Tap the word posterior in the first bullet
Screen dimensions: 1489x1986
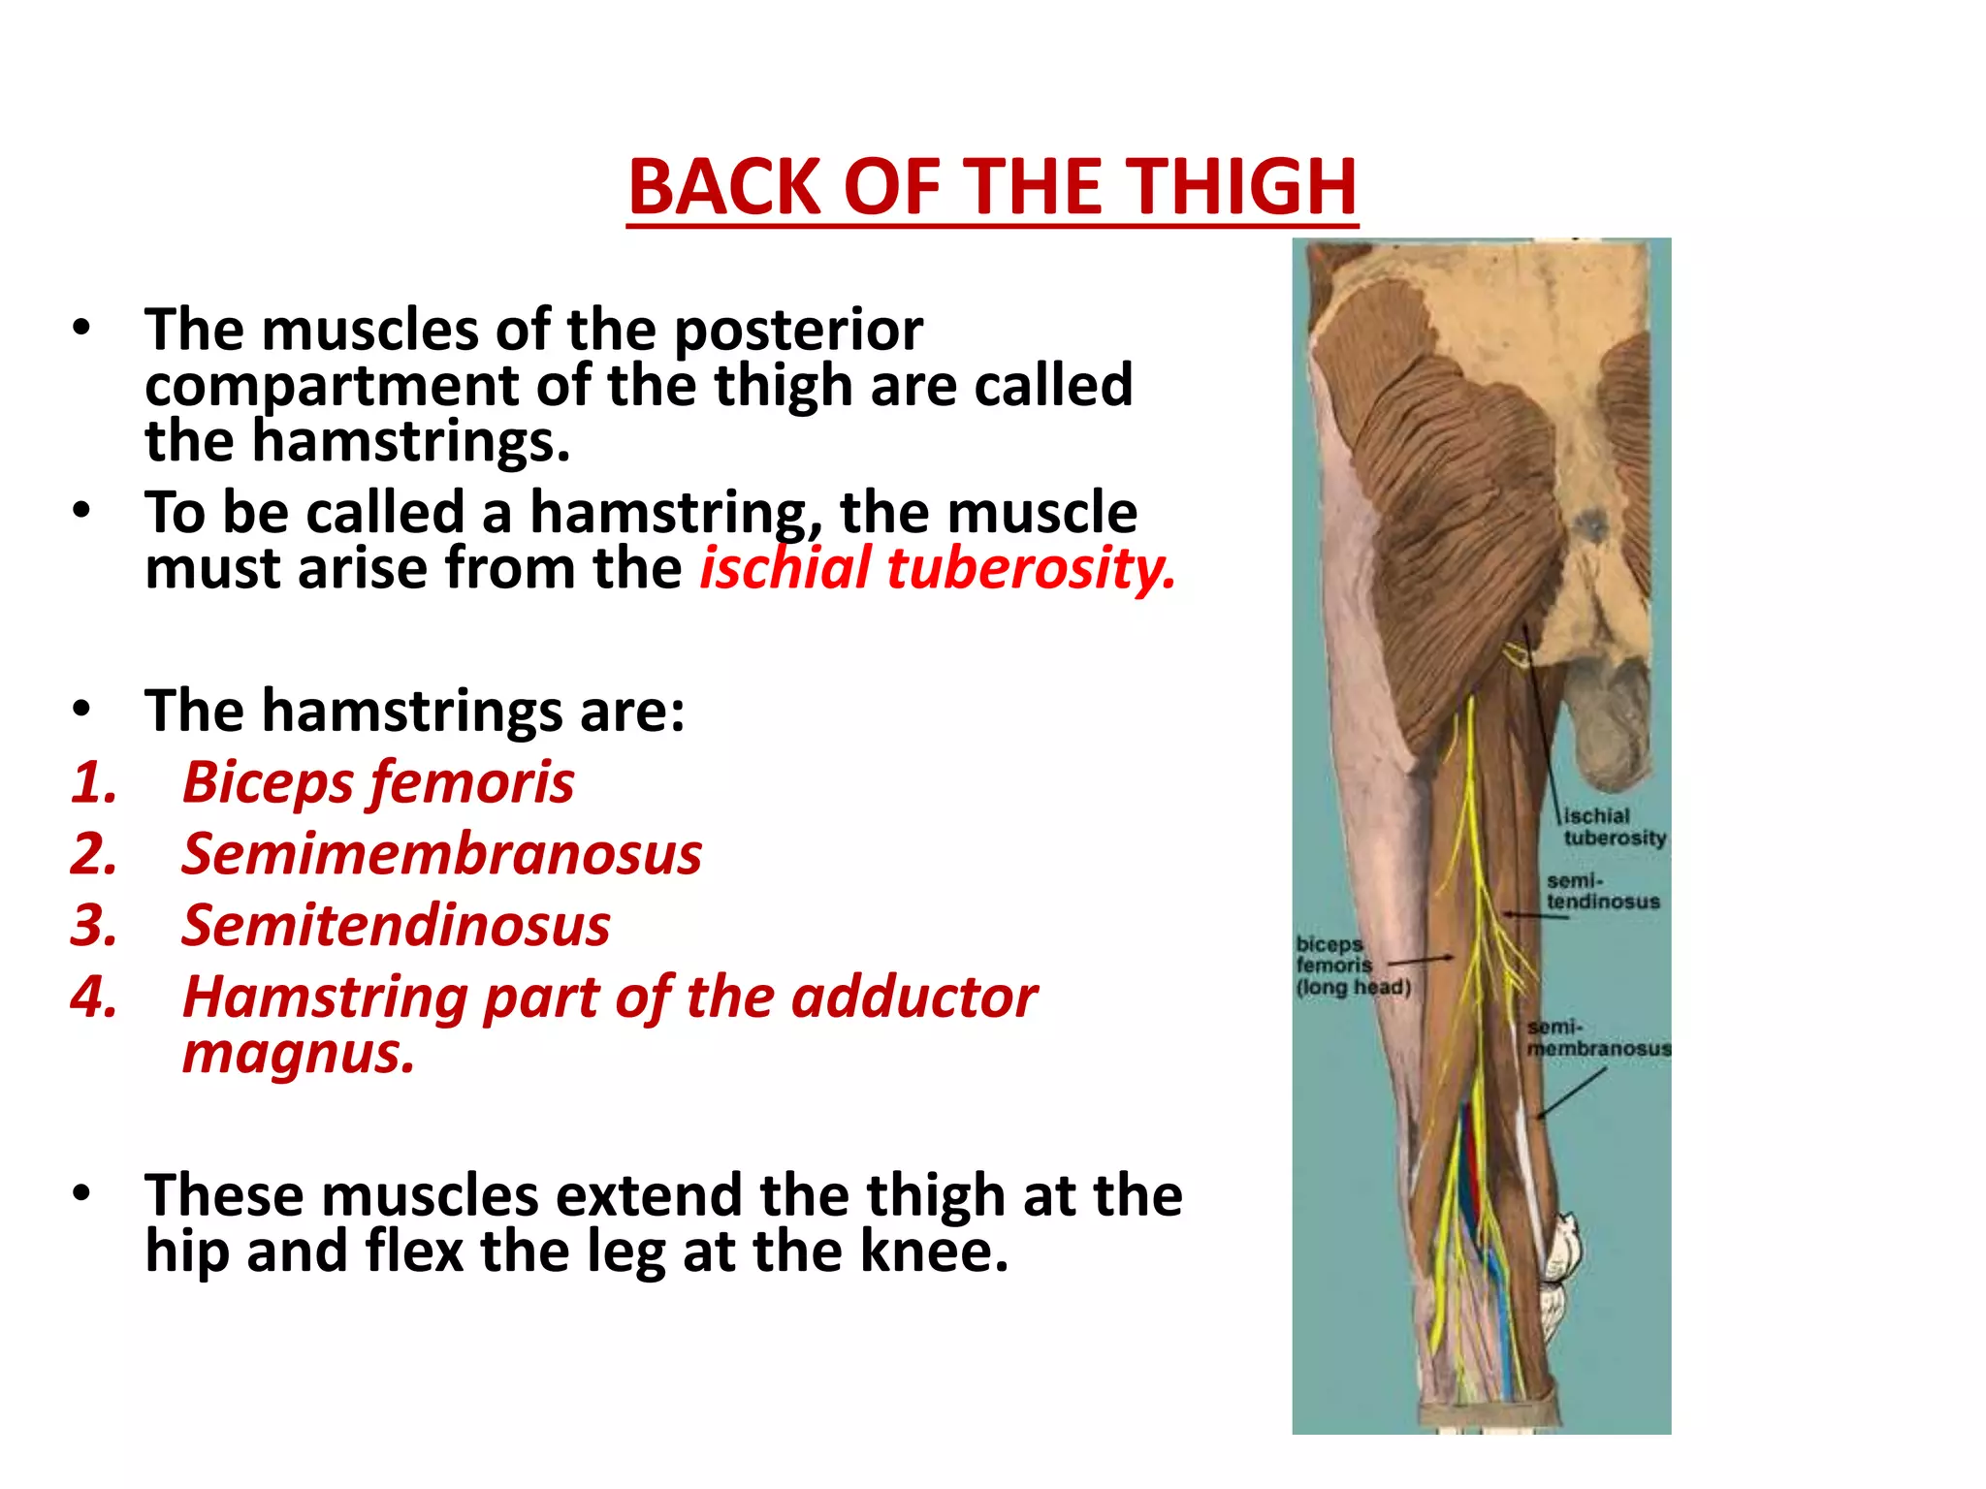click(x=798, y=331)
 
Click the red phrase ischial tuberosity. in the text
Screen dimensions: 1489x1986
click(x=937, y=568)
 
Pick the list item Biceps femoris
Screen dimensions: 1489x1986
click(x=378, y=783)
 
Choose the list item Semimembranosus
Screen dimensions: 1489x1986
click(x=441, y=855)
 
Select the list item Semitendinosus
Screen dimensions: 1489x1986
click(x=396, y=926)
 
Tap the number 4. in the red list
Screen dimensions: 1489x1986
click(x=94, y=998)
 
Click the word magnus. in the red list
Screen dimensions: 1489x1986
click(x=299, y=1054)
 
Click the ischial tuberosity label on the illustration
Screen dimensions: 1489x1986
click(x=1614, y=827)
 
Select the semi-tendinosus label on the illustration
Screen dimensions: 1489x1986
click(x=1602, y=892)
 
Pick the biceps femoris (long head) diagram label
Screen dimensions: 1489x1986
click(x=1352, y=966)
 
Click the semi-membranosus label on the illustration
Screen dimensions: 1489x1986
click(x=1597, y=1038)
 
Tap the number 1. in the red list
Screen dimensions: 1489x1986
click(x=94, y=783)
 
